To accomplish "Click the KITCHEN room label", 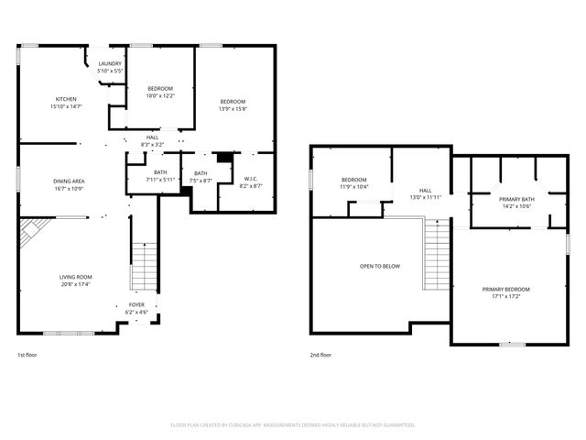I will click(66, 99).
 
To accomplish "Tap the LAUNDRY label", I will click(110, 64).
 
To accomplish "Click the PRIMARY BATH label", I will click(515, 199).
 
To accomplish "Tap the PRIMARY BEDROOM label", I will click(505, 290).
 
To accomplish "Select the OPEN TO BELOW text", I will click(379, 266).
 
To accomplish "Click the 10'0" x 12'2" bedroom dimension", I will click(160, 95).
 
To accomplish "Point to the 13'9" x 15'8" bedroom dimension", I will click(233, 108).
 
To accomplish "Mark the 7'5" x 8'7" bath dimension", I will click(200, 181).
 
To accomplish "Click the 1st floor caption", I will click(27, 355).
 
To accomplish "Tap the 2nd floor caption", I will click(320, 355).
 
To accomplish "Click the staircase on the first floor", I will click(145, 266).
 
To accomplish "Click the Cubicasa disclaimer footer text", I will click(293, 425).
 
